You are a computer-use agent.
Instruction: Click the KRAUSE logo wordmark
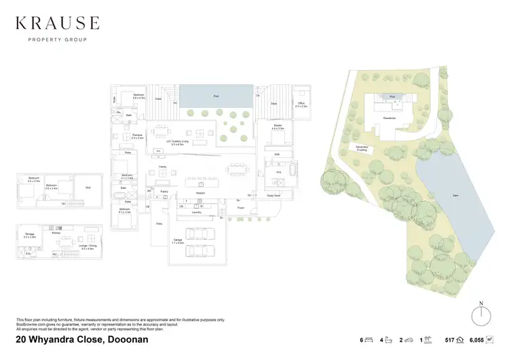[x=57, y=24]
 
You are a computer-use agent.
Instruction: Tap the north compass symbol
[x=480, y=315]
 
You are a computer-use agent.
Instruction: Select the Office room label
[x=302, y=105]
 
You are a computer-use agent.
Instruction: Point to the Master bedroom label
[x=278, y=126]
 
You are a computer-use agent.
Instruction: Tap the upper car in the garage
[x=197, y=234]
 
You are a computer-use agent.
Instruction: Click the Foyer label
[x=240, y=209]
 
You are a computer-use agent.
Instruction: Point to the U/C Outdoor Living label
[x=180, y=143]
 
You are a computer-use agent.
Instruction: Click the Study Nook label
[x=274, y=196]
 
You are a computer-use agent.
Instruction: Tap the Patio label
[x=160, y=224]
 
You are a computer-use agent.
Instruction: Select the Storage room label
[x=29, y=235]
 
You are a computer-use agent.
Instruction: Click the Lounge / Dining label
[x=87, y=247]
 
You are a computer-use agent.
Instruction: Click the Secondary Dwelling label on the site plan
[x=358, y=149]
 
